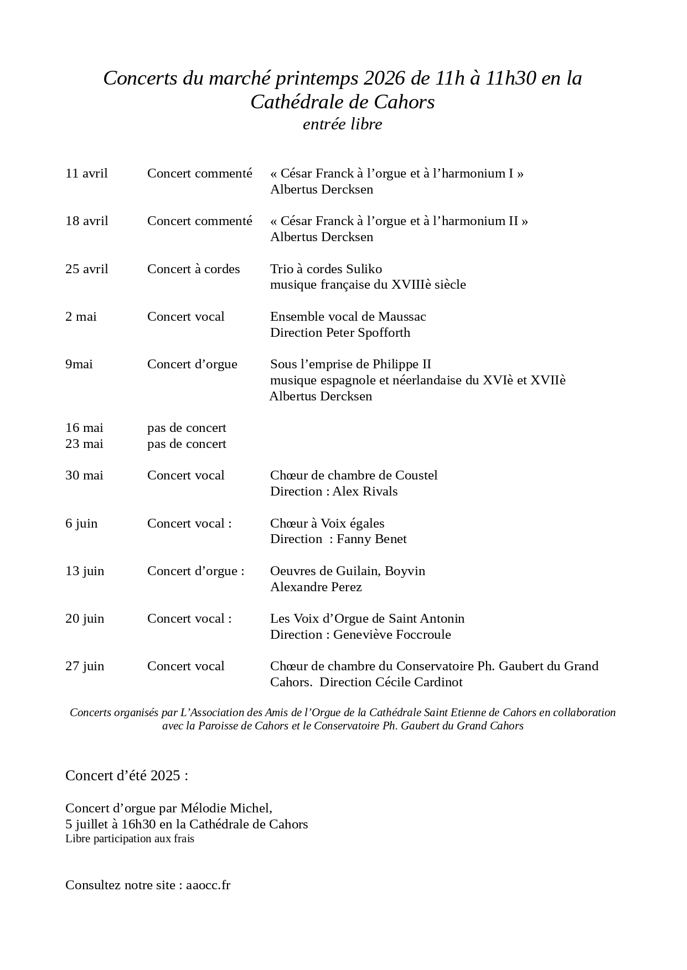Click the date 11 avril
coord(86,174)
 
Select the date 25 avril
coord(86,269)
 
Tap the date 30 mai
coord(84,476)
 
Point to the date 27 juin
coord(85,666)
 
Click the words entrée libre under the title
coord(342,124)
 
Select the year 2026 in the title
coord(385,79)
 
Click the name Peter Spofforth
coord(368,333)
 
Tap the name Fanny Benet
coord(371,539)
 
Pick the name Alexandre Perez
coord(316,587)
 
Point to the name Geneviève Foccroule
coord(392,635)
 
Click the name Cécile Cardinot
coord(419,682)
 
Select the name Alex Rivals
coord(365,492)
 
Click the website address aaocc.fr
coord(208,885)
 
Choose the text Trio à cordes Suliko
coord(326,269)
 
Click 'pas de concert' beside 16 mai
coord(187,428)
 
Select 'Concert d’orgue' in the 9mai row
coord(192,364)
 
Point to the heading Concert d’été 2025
coord(126,776)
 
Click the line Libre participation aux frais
coord(130,839)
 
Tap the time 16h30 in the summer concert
coord(138,825)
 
